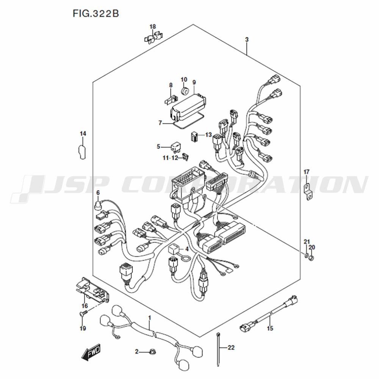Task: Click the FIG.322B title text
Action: pyautogui.click(x=96, y=14)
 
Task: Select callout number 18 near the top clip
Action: pyautogui.click(x=152, y=27)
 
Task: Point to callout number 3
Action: pyautogui.click(x=247, y=39)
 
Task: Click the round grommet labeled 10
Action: pyautogui.click(x=185, y=91)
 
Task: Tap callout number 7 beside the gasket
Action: pyautogui.click(x=160, y=123)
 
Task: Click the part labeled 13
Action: pyautogui.click(x=194, y=137)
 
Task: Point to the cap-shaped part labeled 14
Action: pyautogui.click(x=82, y=152)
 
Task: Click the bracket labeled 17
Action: pyautogui.click(x=307, y=192)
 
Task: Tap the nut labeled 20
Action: pyautogui.click(x=312, y=258)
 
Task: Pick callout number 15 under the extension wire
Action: pyautogui.click(x=270, y=328)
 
